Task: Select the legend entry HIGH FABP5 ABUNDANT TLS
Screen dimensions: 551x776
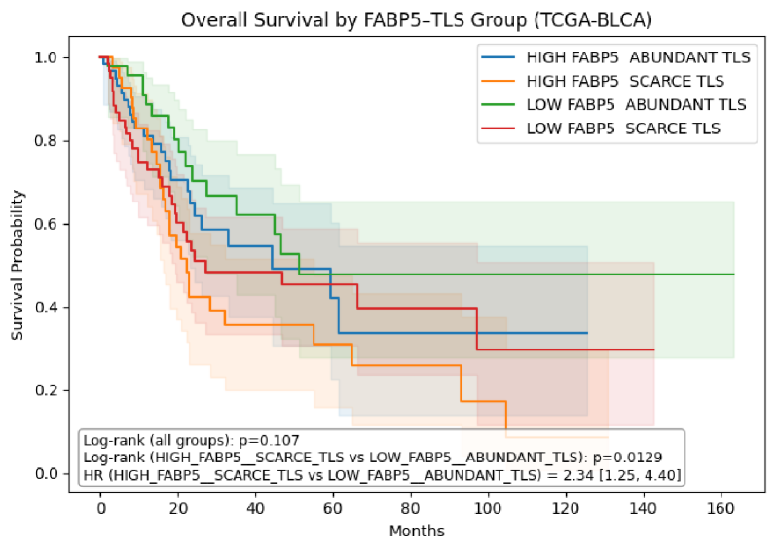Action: click(x=638, y=57)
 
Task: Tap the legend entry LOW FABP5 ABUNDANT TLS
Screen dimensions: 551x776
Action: click(x=636, y=104)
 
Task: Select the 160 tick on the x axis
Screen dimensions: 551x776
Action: click(x=721, y=509)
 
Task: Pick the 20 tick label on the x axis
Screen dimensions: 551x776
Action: click(x=178, y=509)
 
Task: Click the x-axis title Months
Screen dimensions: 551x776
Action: click(x=417, y=532)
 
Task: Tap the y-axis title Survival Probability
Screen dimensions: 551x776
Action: click(x=18, y=266)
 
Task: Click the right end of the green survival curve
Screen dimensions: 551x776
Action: click(x=732, y=275)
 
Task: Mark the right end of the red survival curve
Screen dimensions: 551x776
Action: click(x=653, y=349)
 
